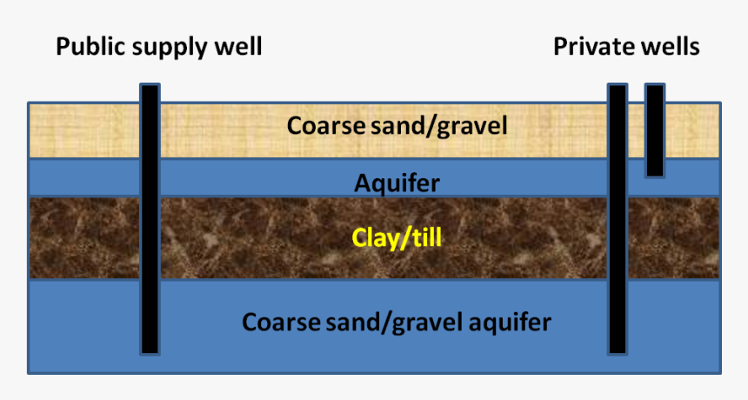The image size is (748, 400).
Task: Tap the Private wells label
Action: pyautogui.click(x=626, y=47)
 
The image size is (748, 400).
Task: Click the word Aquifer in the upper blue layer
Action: pyautogui.click(x=397, y=183)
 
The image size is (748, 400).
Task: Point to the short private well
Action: pyautogui.click(x=655, y=130)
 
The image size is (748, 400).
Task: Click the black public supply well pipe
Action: pyautogui.click(x=150, y=219)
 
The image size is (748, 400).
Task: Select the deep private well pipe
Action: pyautogui.click(x=618, y=219)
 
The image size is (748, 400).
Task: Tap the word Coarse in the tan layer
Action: pyautogui.click(x=320, y=126)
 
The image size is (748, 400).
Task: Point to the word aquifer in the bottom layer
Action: pyautogui.click(x=510, y=323)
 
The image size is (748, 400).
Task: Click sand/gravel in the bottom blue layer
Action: pyautogui.click(x=394, y=323)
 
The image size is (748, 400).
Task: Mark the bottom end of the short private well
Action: pyautogui.click(x=655, y=177)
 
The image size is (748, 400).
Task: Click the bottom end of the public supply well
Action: pyautogui.click(x=150, y=354)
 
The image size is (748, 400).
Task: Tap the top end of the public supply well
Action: pyautogui.click(x=150, y=85)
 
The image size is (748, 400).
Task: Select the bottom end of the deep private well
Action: pyautogui.click(x=618, y=354)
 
